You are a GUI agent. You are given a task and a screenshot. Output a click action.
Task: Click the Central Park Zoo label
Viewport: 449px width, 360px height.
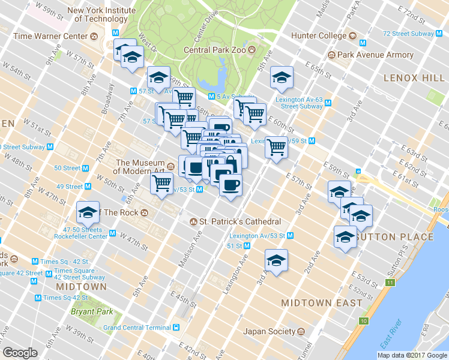tap(215, 50)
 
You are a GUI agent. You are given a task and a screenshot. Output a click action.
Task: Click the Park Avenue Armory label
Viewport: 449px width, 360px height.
tap(375, 55)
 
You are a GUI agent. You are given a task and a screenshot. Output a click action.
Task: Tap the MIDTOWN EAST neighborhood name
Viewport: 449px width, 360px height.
tap(322, 303)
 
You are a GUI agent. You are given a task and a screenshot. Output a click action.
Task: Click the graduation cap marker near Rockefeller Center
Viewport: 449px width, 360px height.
tap(88, 212)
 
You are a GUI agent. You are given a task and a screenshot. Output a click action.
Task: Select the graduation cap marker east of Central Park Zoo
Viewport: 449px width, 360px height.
tap(282, 77)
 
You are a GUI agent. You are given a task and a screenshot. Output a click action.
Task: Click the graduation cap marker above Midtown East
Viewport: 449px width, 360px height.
tap(276, 260)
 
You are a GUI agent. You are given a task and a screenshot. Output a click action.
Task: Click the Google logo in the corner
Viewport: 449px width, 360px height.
tap(20, 353)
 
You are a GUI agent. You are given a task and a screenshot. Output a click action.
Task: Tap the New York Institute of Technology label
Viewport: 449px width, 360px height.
tap(97, 14)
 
